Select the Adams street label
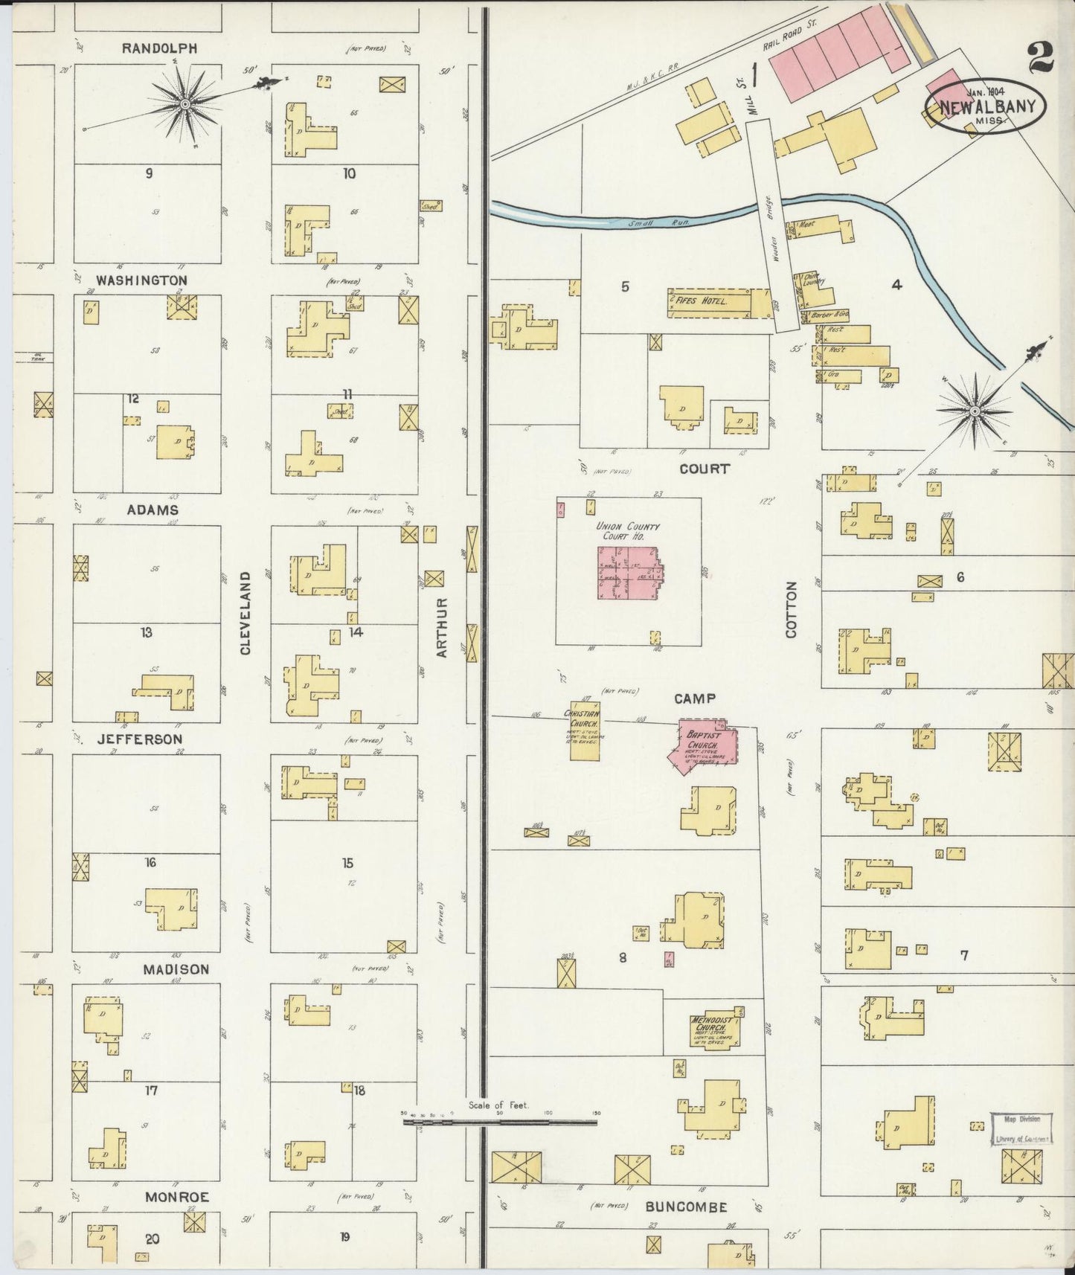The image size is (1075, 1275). (x=153, y=510)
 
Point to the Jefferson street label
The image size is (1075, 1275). (x=139, y=739)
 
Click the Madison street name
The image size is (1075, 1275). (x=176, y=970)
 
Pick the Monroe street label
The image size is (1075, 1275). (x=176, y=1198)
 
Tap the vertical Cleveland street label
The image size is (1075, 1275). (x=246, y=613)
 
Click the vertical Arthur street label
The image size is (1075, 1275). (x=442, y=627)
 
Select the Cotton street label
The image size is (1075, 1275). (x=791, y=610)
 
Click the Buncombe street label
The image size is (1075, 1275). (x=686, y=1207)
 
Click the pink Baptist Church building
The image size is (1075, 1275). (x=703, y=744)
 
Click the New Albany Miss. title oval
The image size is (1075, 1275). (x=986, y=106)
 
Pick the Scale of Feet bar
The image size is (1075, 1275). (x=498, y=1121)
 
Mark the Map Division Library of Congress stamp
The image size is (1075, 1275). (x=1021, y=1129)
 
